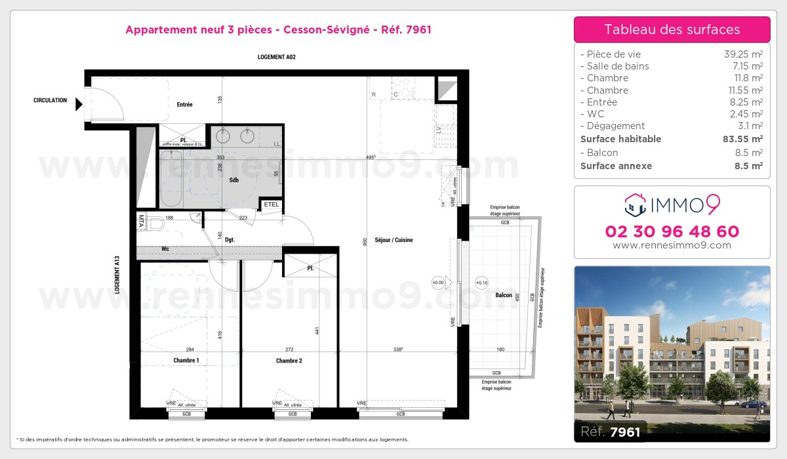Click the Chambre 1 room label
point(186,361)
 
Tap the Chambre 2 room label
point(289,361)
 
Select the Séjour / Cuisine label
point(393,240)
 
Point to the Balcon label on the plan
point(504,295)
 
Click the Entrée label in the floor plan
point(184,104)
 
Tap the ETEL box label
point(271,205)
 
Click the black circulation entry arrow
point(79,104)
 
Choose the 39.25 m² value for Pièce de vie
point(742,54)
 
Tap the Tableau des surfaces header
point(672,30)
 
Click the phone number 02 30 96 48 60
point(672,231)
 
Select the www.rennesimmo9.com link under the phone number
point(672,245)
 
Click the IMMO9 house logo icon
point(634,205)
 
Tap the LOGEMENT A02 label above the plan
point(276,58)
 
